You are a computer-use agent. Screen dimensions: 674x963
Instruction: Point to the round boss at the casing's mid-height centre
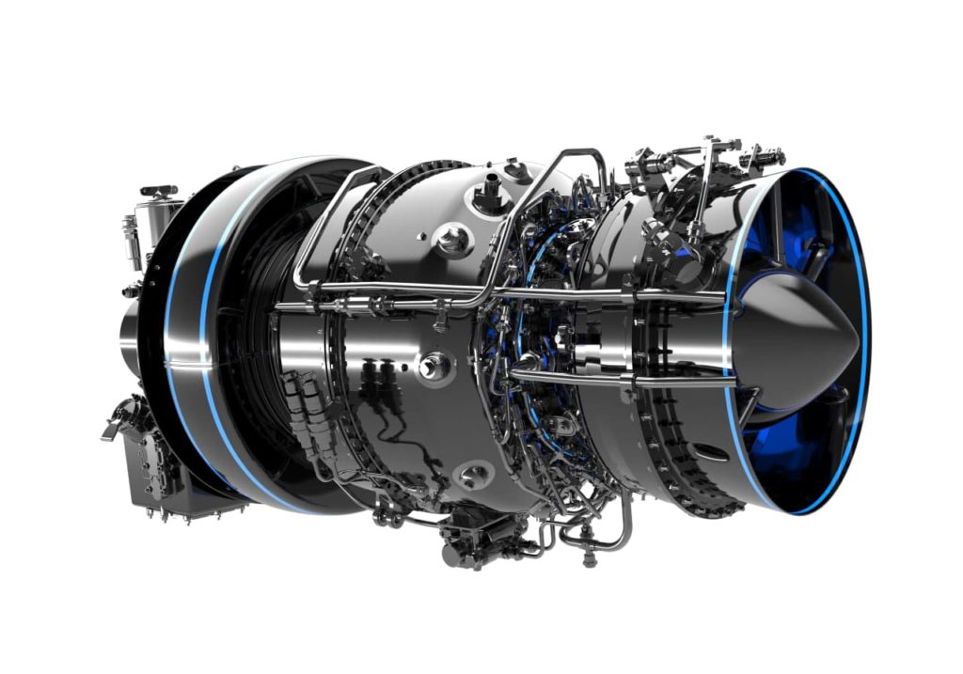coord(434,365)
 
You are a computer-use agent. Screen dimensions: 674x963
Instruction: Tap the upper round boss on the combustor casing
coord(453,239)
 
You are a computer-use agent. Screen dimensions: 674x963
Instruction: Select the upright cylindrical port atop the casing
coord(489,196)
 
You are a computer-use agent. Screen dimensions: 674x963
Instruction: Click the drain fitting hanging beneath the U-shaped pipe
coord(590,560)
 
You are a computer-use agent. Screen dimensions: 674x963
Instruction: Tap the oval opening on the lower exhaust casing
coord(713,452)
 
